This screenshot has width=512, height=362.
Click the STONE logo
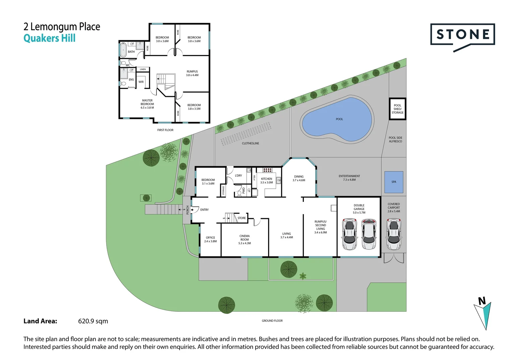pos(462,35)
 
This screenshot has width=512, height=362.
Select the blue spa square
pos(393,182)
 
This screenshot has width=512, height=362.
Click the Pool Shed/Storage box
pos(397,109)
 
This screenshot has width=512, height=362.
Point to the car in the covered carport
pos(394,234)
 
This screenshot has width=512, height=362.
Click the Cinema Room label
pos(245,239)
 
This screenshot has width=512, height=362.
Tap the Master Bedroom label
pos(147,104)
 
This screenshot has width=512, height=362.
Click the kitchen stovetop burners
pos(267,170)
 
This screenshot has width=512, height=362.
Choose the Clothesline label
pos(250,143)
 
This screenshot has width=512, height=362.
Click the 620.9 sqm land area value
pos(93,321)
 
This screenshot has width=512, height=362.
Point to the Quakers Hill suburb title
pos(50,38)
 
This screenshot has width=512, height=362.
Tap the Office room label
pos(210,239)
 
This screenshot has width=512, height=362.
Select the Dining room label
pos(299,178)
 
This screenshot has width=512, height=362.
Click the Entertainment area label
pos(349,178)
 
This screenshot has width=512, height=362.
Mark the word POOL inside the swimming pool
pos(339,119)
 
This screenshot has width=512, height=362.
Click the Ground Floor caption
pos(272,321)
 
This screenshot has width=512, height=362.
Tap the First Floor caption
pos(165,130)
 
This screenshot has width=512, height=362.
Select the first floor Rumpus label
pos(192,73)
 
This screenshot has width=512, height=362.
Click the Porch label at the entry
pos(187,210)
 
